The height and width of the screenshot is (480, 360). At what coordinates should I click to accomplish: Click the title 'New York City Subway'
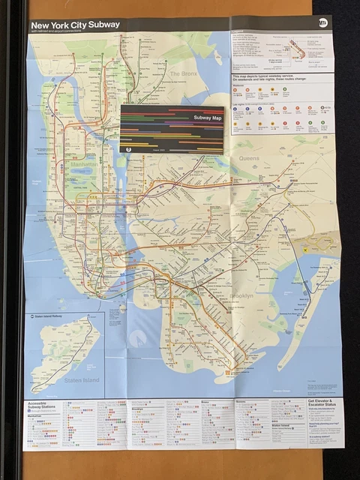pos(75,24)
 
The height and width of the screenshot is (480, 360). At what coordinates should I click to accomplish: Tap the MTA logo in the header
pos(323,23)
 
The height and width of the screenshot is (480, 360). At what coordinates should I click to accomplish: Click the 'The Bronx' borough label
pos(183,73)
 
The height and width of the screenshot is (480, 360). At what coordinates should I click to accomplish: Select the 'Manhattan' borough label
pos(83,163)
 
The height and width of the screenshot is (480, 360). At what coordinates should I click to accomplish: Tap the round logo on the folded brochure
pos(129,148)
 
